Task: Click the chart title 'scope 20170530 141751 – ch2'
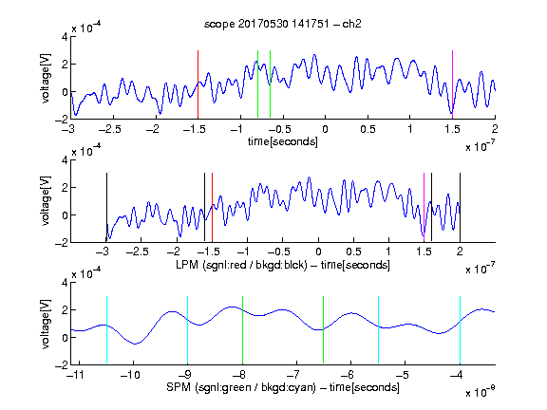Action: pos(283,24)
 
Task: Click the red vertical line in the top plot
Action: pos(198,84)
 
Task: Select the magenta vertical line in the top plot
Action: pos(452,84)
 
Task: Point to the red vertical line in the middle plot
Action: pos(212,207)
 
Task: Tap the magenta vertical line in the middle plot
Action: pos(424,207)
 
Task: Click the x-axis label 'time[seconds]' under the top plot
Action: pos(283,141)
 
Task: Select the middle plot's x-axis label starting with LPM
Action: pos(283,265)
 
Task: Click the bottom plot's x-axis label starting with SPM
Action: pos(283,387)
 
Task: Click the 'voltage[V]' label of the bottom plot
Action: pos(46,324)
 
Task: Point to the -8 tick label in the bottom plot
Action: pos(240,375)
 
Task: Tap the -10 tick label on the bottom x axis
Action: pos(130,375)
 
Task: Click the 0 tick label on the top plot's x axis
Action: pos(325,129)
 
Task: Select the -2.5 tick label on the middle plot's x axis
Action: pos(138,252)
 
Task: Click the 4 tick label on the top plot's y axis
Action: pos(65,37)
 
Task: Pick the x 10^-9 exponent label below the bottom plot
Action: pos(481,392)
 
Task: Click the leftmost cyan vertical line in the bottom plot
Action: pos(106,330)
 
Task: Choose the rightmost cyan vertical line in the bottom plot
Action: pos(461,330)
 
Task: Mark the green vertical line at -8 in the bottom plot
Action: pos(242,330)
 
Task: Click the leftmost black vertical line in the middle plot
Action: pos(106,207)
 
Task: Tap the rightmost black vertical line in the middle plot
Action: pos(460,207)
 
